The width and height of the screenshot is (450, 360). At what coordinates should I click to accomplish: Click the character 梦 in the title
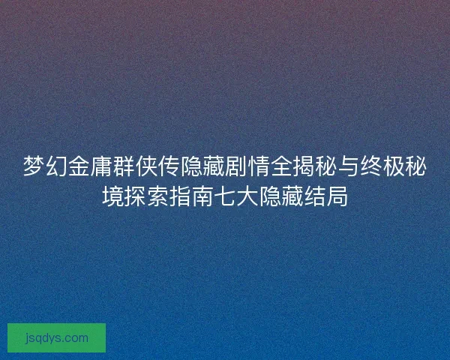coord(34,167)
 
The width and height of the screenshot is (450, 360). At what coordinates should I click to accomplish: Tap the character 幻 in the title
coord(56,167)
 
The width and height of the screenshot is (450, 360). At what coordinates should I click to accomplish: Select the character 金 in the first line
coord(79,167)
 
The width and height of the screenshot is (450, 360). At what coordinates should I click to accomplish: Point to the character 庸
coord(101,167)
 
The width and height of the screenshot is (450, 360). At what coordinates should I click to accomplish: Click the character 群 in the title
coord(124,167)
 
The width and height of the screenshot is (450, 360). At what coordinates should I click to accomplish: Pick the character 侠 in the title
coord(146,167)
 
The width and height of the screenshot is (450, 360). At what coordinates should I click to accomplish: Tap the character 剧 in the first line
coord(236,167)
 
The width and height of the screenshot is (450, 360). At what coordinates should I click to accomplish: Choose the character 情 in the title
coord(259,167)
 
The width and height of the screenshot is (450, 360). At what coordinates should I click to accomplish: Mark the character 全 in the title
coord(281,167)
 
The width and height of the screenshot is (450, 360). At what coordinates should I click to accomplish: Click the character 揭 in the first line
coord(304,167)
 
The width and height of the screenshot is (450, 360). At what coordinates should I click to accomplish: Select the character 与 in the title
coord(349,167)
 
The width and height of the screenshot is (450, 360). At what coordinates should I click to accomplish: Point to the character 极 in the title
coord(394,167)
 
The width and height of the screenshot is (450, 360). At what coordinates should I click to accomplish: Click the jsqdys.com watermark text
coord(56,337)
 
